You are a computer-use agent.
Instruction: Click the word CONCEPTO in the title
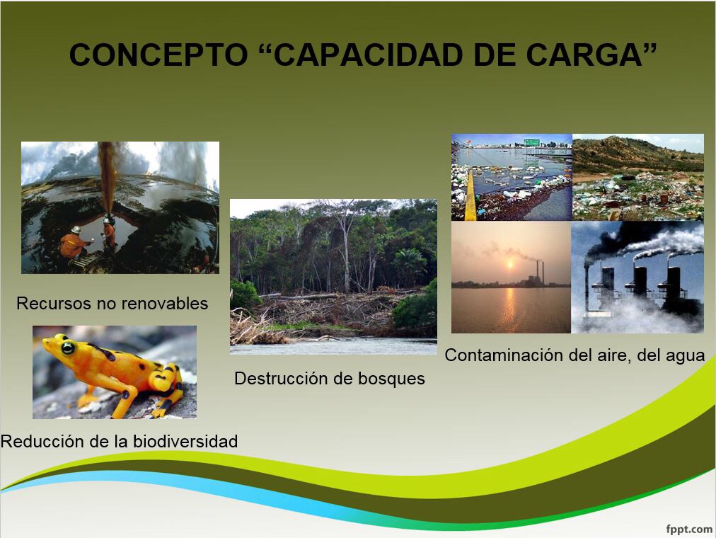158,55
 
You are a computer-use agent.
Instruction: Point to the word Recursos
49,303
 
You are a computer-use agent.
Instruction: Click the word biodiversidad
185,441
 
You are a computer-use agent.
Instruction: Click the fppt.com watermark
689,530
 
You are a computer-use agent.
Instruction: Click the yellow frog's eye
68,348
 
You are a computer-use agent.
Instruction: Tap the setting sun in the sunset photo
510,263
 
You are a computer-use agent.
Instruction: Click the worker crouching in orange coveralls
73,243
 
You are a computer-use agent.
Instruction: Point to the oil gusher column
108,178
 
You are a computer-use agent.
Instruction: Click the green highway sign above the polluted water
531,142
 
